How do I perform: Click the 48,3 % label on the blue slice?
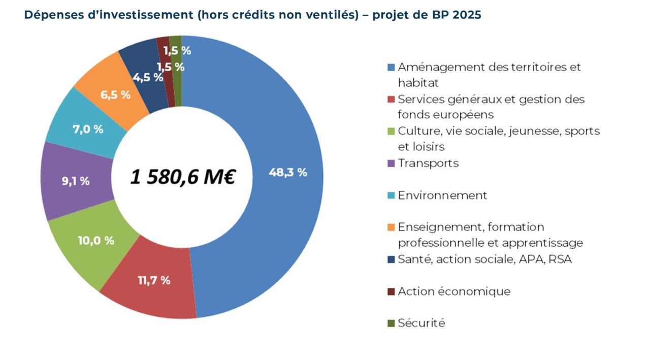[x=287, y=173]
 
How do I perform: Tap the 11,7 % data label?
[x=154, y=280]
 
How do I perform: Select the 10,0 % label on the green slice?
[x=95, y=241]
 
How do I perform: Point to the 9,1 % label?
[x=76, y=181]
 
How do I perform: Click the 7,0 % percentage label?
[x=88, y=129]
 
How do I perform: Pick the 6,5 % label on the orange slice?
[x=115, y=94]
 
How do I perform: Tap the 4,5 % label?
[x=148, y=78]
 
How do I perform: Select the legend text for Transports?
[x=428, y=163]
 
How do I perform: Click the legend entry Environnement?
[x=442, y=195]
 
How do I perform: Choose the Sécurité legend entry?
[x=421, y=323]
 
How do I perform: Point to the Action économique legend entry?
[x=454, y=291]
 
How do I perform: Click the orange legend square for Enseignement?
[x=391, y=227]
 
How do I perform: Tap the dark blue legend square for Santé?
[x=391, y=259]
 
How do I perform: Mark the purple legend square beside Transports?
[x=391, y=163]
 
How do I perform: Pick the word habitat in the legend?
[x=418, y=82]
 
